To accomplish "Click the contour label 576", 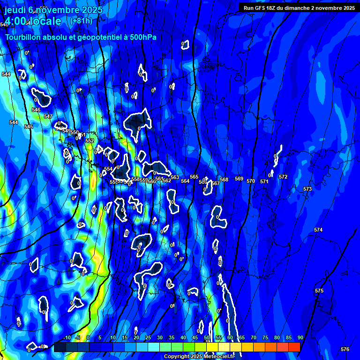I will (x=345, y=349).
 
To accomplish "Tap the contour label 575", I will (x=319, y=291).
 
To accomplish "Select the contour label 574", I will (x=318, y=230).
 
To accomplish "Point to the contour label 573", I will (x=307, y=189).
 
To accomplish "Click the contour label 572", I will (x=283, y=177).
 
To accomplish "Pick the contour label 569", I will (x=239, y=179).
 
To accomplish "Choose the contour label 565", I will (x=194, y=177).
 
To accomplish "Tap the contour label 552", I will (x=90, y=141).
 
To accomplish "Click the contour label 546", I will (x=36, y=110).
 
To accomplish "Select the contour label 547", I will (x=48, y=116).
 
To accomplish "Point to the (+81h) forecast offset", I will (x=81, y=21).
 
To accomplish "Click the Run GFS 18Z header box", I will (x=299, y=7).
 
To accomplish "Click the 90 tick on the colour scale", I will (x=300, y=337).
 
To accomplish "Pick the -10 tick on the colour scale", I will (x=66, y=337).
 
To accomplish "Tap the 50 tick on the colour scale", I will (x=207, y=337).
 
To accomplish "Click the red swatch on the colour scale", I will (x=294, y=347).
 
